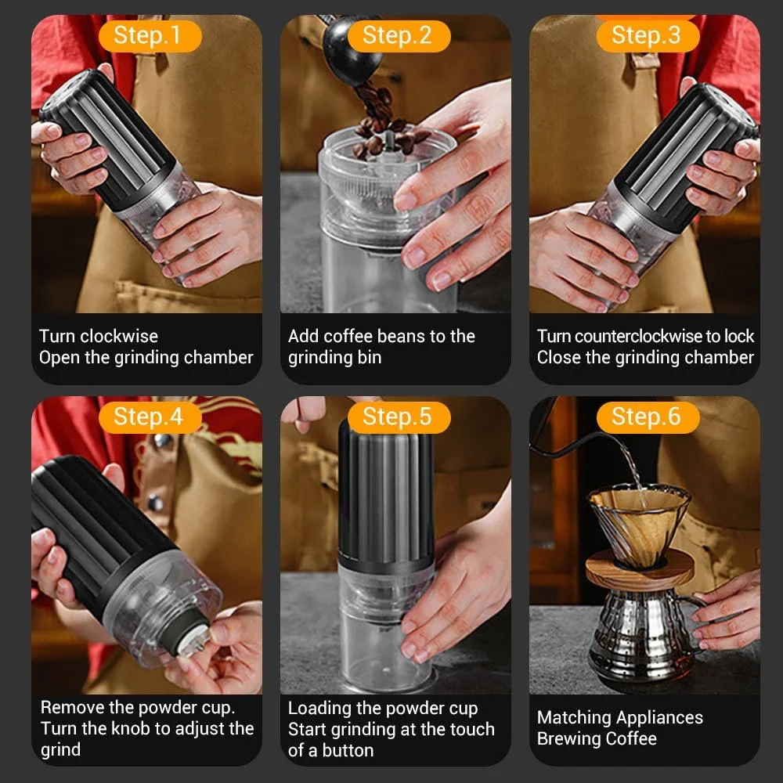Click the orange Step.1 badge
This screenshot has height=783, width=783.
150,36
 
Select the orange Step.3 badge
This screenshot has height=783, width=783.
648,36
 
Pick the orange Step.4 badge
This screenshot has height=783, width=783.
150,417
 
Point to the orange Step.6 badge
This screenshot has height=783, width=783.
648,417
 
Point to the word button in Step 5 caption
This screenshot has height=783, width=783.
348,750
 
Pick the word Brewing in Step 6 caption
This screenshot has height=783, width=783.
572,738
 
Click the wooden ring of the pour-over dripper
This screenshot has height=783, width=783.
640,570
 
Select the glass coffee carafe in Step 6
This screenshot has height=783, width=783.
644,634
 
